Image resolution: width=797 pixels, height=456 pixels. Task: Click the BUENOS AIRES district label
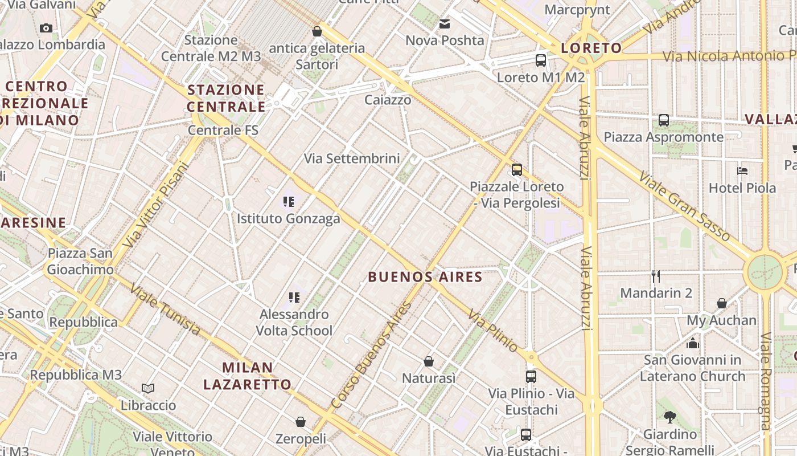point(425,277)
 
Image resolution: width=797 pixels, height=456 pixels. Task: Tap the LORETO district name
point(591,48)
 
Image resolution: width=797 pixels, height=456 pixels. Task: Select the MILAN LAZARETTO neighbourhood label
point(247,376)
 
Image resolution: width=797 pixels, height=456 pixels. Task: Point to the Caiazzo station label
point(388,100)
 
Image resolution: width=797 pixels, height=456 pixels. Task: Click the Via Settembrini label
point(352,158)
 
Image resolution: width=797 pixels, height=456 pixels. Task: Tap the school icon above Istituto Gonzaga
point(289,201)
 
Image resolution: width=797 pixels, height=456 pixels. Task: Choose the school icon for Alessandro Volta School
point(294,297)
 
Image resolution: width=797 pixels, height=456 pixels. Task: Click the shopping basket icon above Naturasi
point(429,361)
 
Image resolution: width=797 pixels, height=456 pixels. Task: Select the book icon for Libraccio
point(148,388)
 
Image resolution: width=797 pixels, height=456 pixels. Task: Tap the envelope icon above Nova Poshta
point(445,24)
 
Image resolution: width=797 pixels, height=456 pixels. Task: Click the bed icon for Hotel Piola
point(742,170)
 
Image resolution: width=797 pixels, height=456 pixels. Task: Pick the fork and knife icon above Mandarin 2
point(656,276)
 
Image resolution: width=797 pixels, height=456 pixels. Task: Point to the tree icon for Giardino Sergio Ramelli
point(669,417)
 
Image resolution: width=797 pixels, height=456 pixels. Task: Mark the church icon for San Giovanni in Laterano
point(692,343)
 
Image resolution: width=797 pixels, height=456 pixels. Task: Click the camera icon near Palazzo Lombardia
point(46,28)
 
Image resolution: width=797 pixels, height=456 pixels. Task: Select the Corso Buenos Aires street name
point(371,355)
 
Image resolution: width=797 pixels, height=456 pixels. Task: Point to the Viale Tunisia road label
point(165,309)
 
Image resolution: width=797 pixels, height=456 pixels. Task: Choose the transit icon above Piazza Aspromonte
point(663,120)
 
